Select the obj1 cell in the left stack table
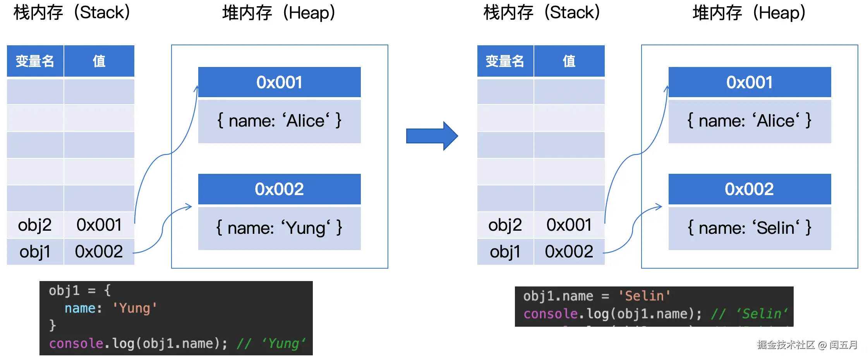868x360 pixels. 35,252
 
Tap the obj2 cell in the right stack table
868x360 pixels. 505,225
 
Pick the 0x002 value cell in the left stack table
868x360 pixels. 99,252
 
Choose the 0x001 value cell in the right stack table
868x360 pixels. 569,225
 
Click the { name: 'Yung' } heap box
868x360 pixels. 279,228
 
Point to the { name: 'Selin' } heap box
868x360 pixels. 750,228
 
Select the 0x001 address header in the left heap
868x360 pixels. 279,82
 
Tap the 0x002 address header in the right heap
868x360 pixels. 750,189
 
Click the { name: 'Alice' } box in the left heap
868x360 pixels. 279,121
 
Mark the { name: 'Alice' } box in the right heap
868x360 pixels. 750,121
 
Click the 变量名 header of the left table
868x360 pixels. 35,61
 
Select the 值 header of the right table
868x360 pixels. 569,61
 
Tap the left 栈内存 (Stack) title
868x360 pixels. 72,13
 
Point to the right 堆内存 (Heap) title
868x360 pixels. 749,13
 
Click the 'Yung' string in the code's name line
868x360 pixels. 134,308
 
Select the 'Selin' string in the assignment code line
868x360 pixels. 644,296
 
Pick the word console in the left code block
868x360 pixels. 76,343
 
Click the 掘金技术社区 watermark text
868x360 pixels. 786,345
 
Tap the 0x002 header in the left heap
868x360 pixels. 279,189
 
